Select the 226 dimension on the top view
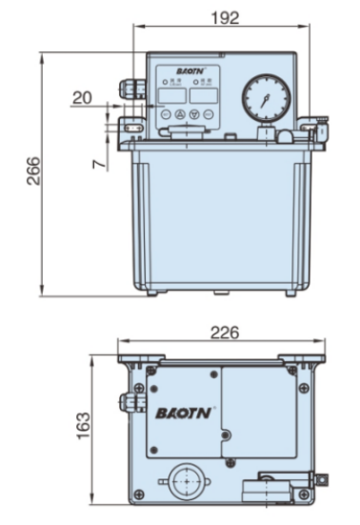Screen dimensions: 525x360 point(225,333)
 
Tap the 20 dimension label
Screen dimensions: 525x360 point(83,97)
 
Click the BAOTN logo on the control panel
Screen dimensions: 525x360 point(184,71)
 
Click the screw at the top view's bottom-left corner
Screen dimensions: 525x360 point(140,493)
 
